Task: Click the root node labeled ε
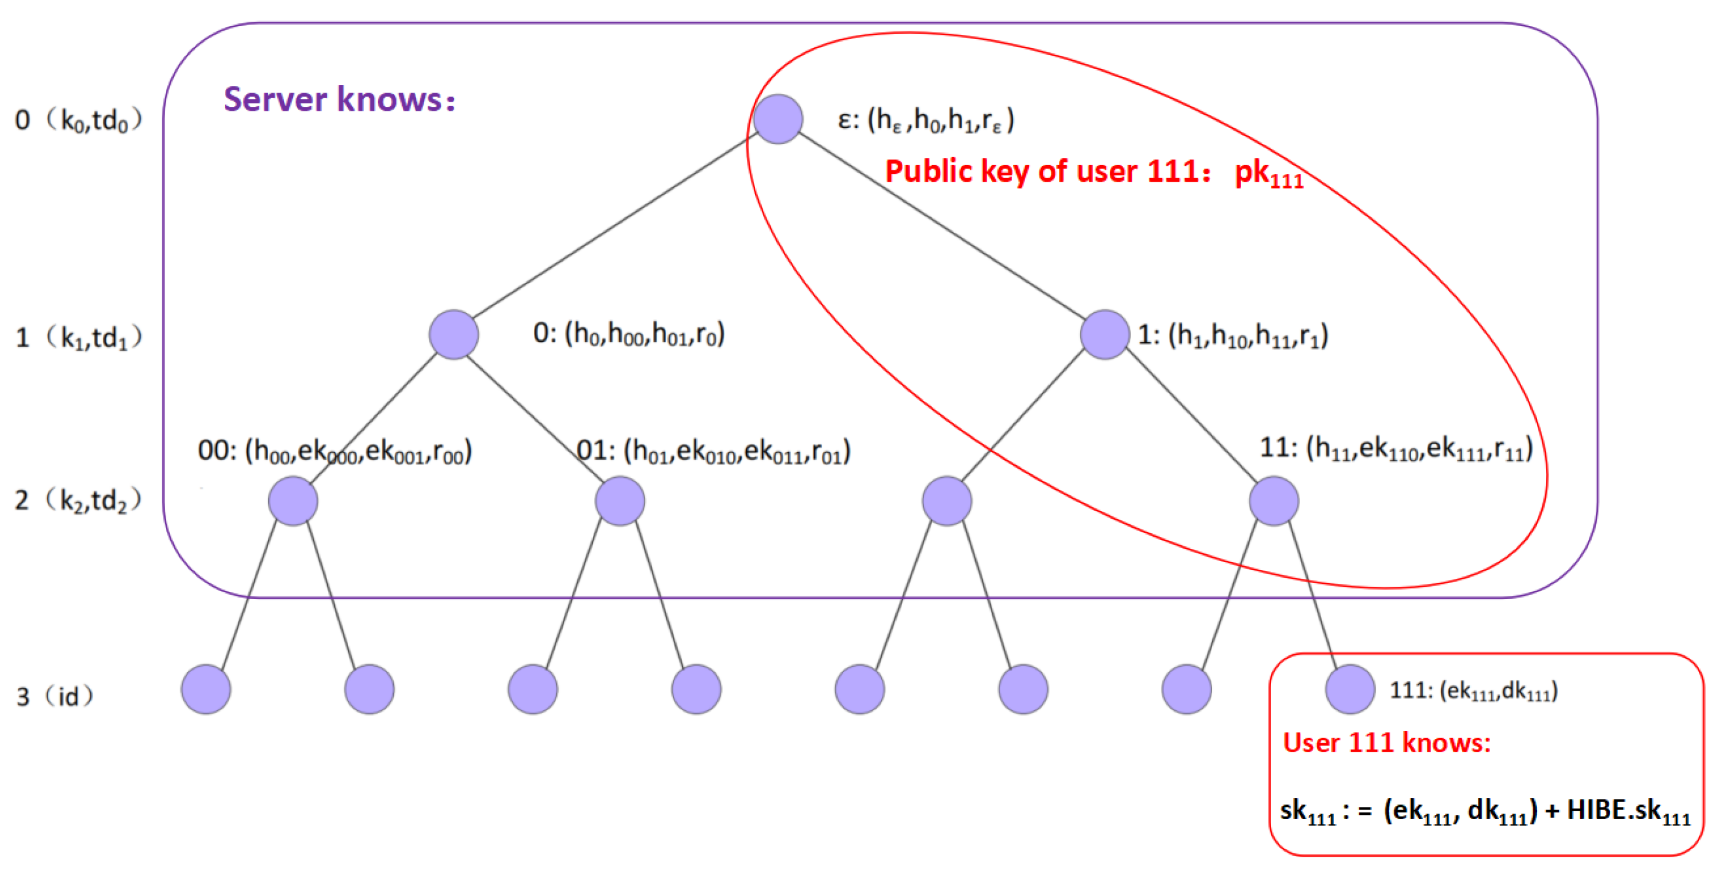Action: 777,119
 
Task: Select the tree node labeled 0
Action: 454,334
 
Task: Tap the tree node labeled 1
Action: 1105,334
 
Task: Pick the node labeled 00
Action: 293,501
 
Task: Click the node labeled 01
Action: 619,501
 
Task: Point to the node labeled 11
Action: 1273,501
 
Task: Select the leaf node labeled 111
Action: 1349,689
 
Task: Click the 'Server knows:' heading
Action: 339,99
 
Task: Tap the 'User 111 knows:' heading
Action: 1387,743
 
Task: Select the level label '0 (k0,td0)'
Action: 78,120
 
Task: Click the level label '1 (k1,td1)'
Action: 78,337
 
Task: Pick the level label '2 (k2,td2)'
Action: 78,500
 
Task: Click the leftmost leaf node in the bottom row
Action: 206,689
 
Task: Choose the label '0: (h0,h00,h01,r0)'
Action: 628,333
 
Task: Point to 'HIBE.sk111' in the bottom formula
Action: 1628,811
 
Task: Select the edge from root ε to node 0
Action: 614,227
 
